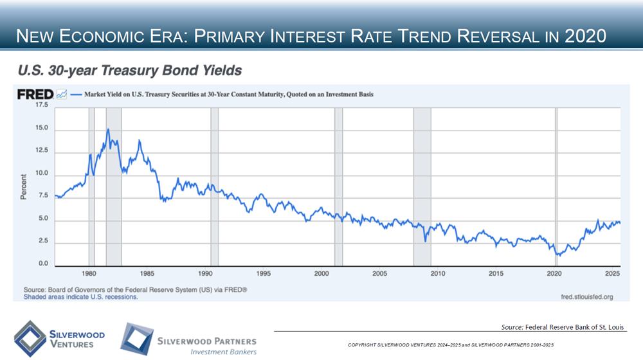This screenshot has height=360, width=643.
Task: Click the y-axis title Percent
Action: click(x=23, y=186)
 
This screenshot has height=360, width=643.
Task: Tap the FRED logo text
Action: click(x=35, y=94)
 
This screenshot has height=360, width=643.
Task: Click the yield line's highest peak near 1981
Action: click(x=108, y=129)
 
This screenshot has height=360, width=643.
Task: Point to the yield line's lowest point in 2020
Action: click(x=559, y=256)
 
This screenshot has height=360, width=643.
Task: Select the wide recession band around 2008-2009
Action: click(x=422, y=186)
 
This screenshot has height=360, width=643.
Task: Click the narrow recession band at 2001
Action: click(x=338, y=186)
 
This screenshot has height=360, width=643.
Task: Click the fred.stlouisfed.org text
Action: click(x=583, y=297)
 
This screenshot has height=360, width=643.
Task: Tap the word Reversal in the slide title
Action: click(x=471, y=35)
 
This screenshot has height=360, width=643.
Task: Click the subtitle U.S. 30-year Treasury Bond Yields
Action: click(x=130, y=68)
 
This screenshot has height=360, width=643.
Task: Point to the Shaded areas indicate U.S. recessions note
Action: click(x=81, y=297)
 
